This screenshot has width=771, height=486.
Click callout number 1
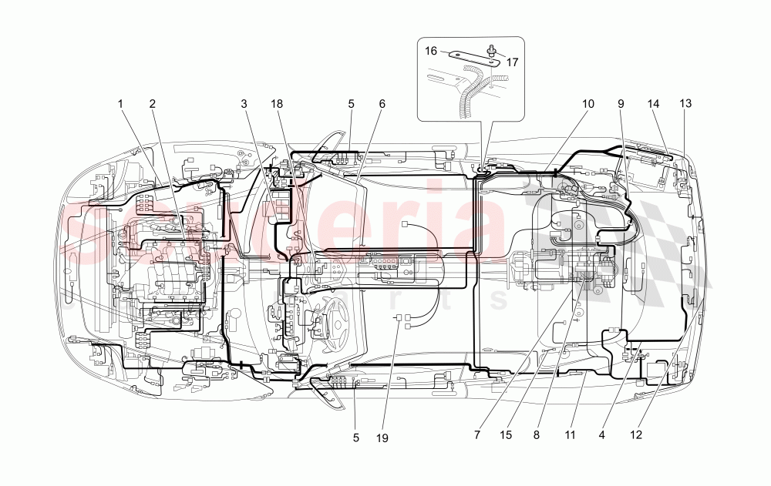(x=120, y=103)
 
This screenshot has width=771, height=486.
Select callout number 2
(x=153, y=103)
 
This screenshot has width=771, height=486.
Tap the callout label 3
(x=243, y=103)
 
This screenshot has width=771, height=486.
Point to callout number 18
(x=276, y=103)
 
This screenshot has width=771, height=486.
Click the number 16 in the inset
(x=431, y=51)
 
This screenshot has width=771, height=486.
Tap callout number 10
(x=588, y=103)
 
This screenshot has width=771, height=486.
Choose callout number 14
(x=655, y=103)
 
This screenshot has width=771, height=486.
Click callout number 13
(x=685, y=103)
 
